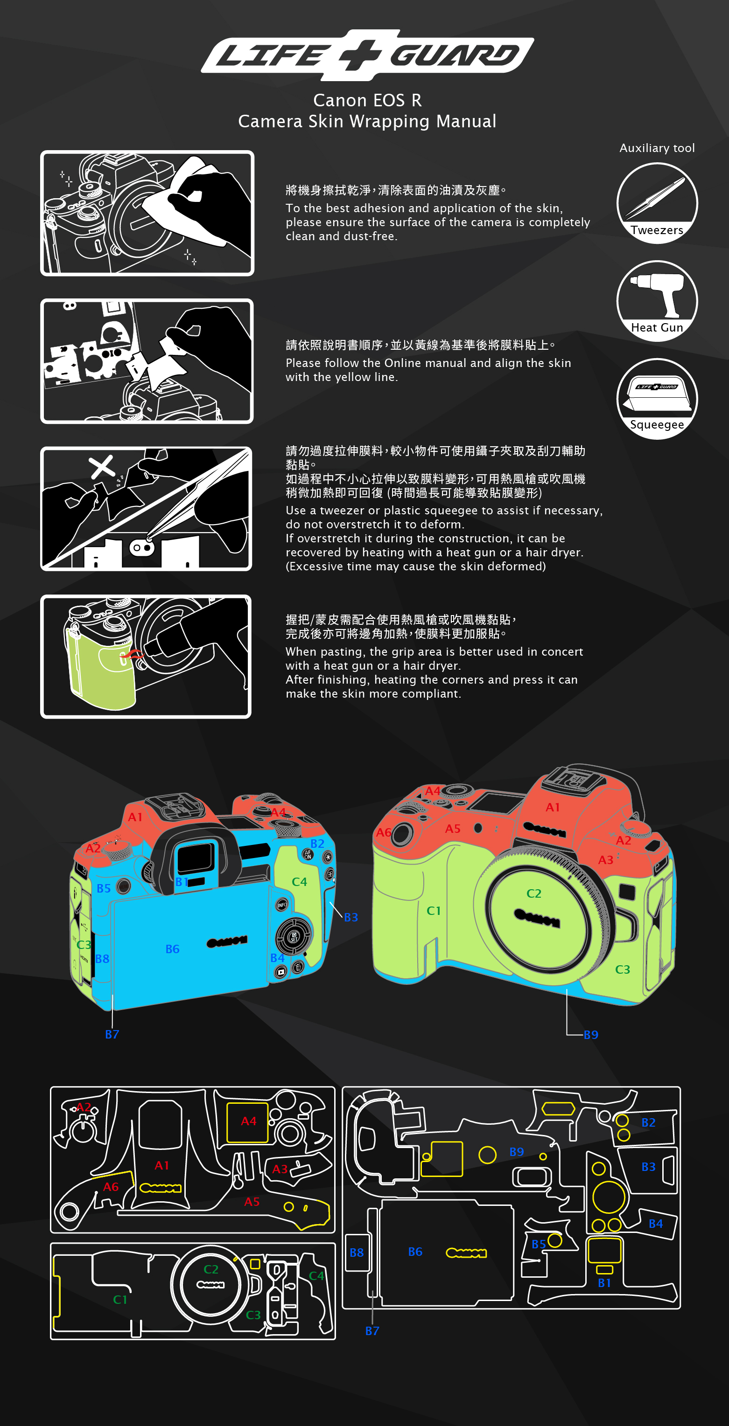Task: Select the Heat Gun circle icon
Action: pyautogui.click(x=657, y=301)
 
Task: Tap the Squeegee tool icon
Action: pyautogui.click(x=657, y=399)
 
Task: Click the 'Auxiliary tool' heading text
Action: pyautogui.click(x=657, y=148)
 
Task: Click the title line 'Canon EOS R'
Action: pyautogui.click(x=367, y=100)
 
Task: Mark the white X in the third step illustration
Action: pyautogui.click(x=102, y=467)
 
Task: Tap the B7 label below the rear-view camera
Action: pyautogui.click(x=112, y=1034)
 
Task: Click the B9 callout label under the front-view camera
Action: pyautogui.click(x=591, y=1035)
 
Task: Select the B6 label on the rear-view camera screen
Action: pyautogui.click(x=172, y=949)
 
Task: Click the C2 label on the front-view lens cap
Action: pyautogui.click(x=534, y=893)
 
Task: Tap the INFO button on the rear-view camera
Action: pyautogui.click(x=282, y=905)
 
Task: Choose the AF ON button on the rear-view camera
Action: pyautogui.click(x=308, y=855)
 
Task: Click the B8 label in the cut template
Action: pyautogui.click(x=357, y=1252)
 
